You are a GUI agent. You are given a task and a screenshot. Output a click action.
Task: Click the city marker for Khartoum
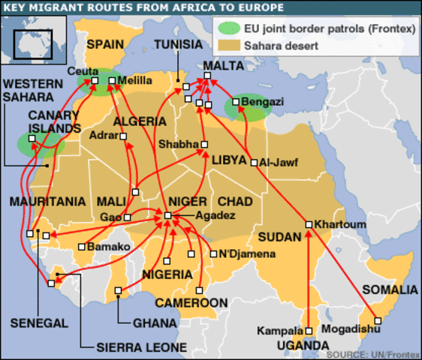(x=309, y=224)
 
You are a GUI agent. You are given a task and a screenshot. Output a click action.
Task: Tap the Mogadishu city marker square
(x=378, y=322)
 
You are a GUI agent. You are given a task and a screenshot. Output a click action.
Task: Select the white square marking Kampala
(x=309, y=330)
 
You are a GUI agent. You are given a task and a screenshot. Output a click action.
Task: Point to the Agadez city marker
(x=167, y=216)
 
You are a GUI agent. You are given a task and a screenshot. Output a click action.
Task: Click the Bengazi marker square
(x=236, y=101)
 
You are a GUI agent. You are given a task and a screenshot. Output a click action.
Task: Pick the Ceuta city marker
(x=95, y=80)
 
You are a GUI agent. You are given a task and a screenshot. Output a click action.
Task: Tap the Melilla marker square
(x=112, y=80)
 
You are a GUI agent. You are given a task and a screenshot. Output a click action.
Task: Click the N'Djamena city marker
(x=213, y=253)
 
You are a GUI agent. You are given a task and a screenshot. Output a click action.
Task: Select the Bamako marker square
(x=82, y=246)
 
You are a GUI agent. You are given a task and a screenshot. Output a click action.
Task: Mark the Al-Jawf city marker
(x=255, y=162)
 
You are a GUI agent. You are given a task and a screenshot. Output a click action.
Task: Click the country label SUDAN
(x=279, y=237)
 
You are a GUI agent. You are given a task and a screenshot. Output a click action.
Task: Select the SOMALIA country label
(x=389, y=289)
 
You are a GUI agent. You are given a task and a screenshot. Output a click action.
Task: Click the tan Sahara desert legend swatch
(x=227, y=46)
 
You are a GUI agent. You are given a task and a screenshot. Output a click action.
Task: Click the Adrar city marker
(x=124, y=136)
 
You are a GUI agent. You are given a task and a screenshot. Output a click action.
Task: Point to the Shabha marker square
(x=203, y=144)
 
